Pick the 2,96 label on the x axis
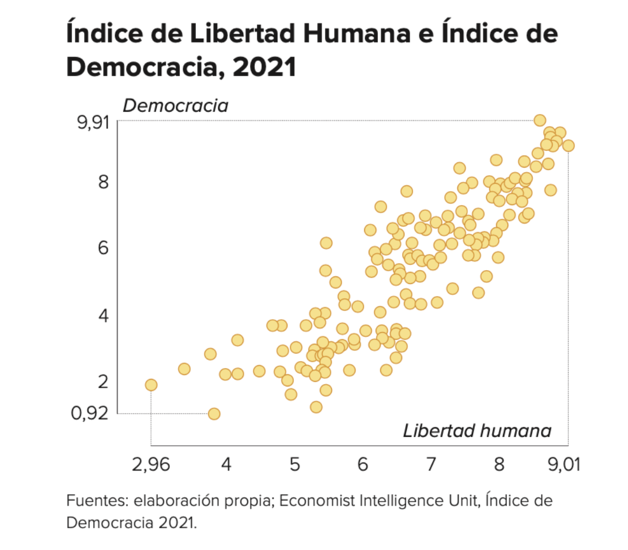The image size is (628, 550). click(x=151, y=464)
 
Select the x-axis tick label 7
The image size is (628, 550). click(x=430, y=464)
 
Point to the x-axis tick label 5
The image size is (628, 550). click(x=294, y=464)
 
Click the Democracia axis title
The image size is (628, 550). click(x=175, y=106)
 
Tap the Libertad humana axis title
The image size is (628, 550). click(x=476, y=431)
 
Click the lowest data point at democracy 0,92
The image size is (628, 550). click(x=214, y=414)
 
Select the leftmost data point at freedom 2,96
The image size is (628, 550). click(x=151, y=385)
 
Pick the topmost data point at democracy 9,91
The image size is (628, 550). click(x=540, y=120)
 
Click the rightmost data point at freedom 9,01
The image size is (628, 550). click(x=568, y=146)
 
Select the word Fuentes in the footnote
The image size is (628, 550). click(x=93, y=500)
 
